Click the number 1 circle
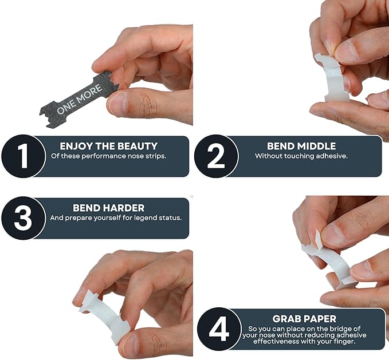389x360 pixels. coord(23,156)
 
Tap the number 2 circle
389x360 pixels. coord(216,156)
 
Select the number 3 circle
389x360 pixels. coord(23,218)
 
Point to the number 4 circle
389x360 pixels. coord(219,329)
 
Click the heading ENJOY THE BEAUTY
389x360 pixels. coord(109,146)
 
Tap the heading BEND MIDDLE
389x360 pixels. coord(301,146)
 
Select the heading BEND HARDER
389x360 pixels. coord(109,208)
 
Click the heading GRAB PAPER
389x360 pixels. coord(304,319)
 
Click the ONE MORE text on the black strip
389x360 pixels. coord(80,99)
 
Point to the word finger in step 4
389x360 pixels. coord(343,342)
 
